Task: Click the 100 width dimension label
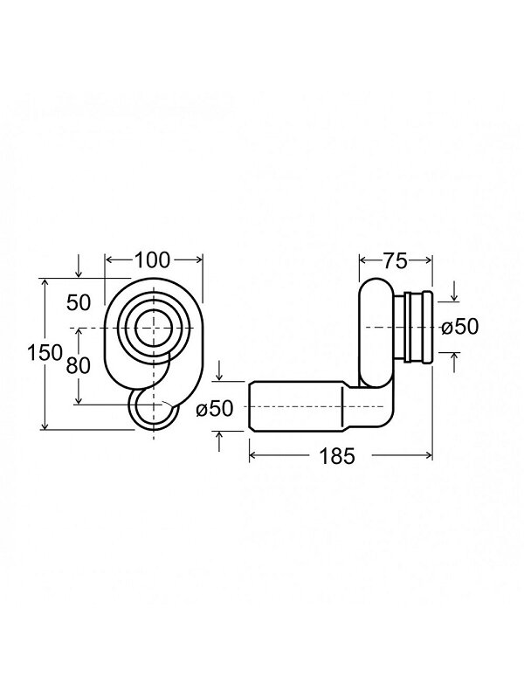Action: (152, 260)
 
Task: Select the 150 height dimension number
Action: (45, 353)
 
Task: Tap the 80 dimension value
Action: (78, 365)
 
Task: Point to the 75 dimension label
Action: (396, 261)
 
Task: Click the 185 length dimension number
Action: (337, 455)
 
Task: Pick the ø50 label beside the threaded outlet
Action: (460, 327)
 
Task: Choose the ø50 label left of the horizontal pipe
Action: (215, 408)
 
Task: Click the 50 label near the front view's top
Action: (79, 303)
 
